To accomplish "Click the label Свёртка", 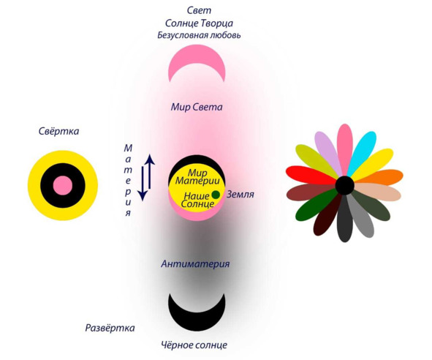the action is (x=58, y=131).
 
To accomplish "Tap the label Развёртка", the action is (x=110, y=328).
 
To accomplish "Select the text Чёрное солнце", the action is (x=194, y=345).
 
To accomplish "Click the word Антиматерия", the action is (x=195, y=263).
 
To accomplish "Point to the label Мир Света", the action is (x=197, y=107).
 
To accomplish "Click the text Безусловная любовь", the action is (x=199, y=35).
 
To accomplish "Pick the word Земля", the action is (x=240, y=194).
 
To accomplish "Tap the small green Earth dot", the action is (x=216, y=195).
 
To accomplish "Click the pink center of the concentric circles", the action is (x=63, y=185).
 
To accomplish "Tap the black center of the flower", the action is (x=345, y=185).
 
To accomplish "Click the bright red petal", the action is (x=311, y=175).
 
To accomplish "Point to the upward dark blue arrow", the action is (x=150, y=172).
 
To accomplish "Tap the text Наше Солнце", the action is (x=197, y=200).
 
